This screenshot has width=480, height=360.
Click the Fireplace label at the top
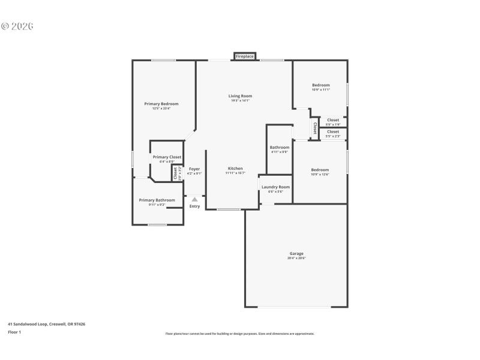coord(244,56)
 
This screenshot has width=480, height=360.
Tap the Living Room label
coord(240,96)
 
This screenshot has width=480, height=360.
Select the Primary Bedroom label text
coord(161,104)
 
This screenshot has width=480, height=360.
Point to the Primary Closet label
coord(167,157)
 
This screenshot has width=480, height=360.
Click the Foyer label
coord(194,169)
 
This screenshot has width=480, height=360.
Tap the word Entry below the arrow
coord(194,206)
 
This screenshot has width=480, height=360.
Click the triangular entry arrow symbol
coord(194,200)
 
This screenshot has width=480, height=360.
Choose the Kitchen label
coord(235,169)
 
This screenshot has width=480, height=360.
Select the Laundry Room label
coord(275,187)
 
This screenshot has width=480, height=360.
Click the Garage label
coord(296,254)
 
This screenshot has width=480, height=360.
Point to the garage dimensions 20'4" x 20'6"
coord(296,259)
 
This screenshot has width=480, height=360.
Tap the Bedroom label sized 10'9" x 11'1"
coord(320,85)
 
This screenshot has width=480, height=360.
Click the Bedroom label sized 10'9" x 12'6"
coord(320,170)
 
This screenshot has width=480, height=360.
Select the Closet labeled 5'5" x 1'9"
coord(332,120)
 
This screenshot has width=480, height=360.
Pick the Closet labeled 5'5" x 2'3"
coord(332,131)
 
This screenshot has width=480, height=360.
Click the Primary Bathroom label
coord(157,200)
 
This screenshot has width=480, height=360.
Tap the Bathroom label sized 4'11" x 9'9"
coord(280,148)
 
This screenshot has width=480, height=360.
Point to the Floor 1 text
coord(14,332)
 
